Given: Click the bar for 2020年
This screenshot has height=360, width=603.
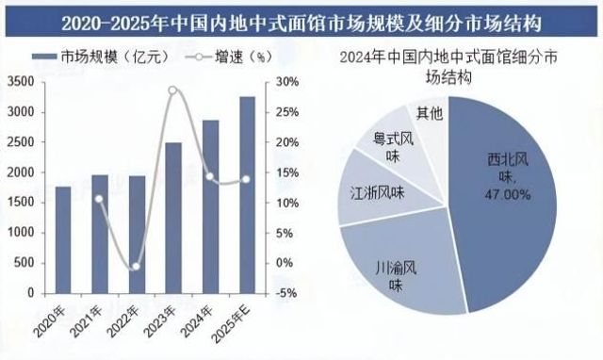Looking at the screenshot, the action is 63,240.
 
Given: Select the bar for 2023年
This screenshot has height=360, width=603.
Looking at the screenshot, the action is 173,218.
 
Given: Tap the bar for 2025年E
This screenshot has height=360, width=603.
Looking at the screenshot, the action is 247,195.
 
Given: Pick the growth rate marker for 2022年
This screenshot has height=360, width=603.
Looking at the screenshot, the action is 136,267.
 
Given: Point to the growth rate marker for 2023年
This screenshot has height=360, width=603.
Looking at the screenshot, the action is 172,90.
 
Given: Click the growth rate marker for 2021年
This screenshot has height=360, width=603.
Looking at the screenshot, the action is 99,199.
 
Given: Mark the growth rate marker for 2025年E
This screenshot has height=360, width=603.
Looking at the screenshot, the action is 246,179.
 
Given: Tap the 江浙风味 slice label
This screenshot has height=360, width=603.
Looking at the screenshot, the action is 377,192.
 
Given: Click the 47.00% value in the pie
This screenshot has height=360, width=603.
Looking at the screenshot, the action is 508,195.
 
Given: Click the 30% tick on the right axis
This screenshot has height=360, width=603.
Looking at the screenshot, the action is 287,82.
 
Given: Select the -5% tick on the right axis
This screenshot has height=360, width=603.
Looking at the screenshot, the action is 286,293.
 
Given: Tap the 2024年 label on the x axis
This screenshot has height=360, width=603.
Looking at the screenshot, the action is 197,321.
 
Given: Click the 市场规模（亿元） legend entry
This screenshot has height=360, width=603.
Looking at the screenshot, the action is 101,57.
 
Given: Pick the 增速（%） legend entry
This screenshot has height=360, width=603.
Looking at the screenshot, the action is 229,57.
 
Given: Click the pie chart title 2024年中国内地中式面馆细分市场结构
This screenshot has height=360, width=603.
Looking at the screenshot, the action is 448,67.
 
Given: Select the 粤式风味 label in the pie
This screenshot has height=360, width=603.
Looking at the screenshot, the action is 393,147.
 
